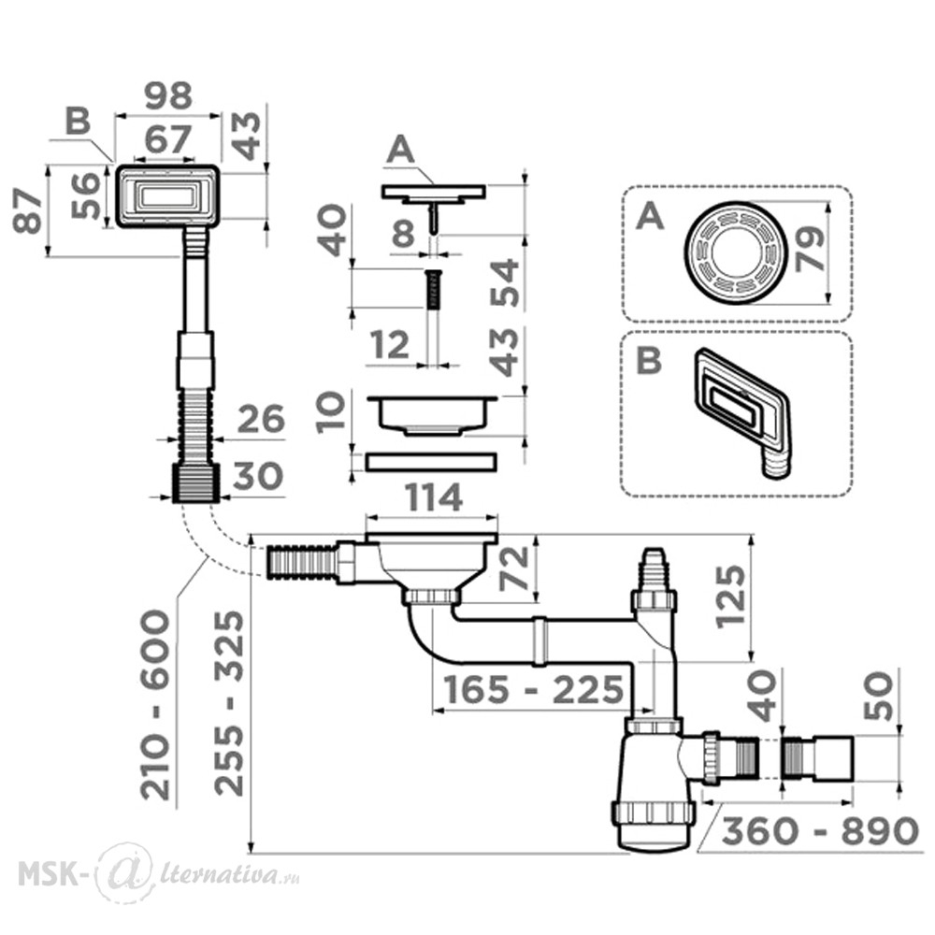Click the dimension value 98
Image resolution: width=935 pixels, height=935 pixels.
168,95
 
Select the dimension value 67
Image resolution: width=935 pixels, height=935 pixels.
167,139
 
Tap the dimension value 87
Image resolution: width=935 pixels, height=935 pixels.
28,211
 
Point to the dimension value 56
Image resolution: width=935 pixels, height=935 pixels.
85,195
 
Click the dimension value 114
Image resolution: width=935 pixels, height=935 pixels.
434,497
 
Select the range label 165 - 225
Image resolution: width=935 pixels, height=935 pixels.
533,690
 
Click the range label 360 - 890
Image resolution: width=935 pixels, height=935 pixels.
819,830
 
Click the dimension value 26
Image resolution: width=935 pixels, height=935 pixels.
261,419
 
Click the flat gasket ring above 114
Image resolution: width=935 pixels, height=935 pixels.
430,462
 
